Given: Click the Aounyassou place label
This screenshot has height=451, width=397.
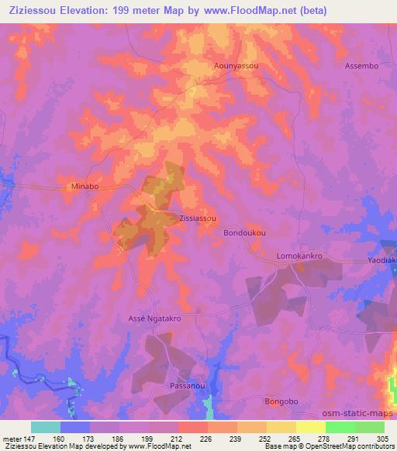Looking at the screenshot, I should pos(236,67).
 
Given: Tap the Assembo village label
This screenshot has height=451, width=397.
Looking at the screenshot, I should pos(361,67).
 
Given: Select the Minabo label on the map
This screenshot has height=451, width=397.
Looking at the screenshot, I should pos(85,187).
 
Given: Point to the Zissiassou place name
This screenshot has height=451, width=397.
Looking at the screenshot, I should pos(198,219).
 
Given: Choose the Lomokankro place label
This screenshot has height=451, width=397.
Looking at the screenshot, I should pos(299,255).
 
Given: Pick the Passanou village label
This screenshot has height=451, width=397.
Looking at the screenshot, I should pos(185,385).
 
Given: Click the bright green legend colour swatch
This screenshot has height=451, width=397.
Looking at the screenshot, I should pos(340,427).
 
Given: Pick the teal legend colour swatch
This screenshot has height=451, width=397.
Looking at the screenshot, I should pos(46,427).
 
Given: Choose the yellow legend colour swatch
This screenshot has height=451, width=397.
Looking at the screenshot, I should pos(310,427).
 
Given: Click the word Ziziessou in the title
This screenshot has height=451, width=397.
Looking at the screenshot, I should pos(32,11).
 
